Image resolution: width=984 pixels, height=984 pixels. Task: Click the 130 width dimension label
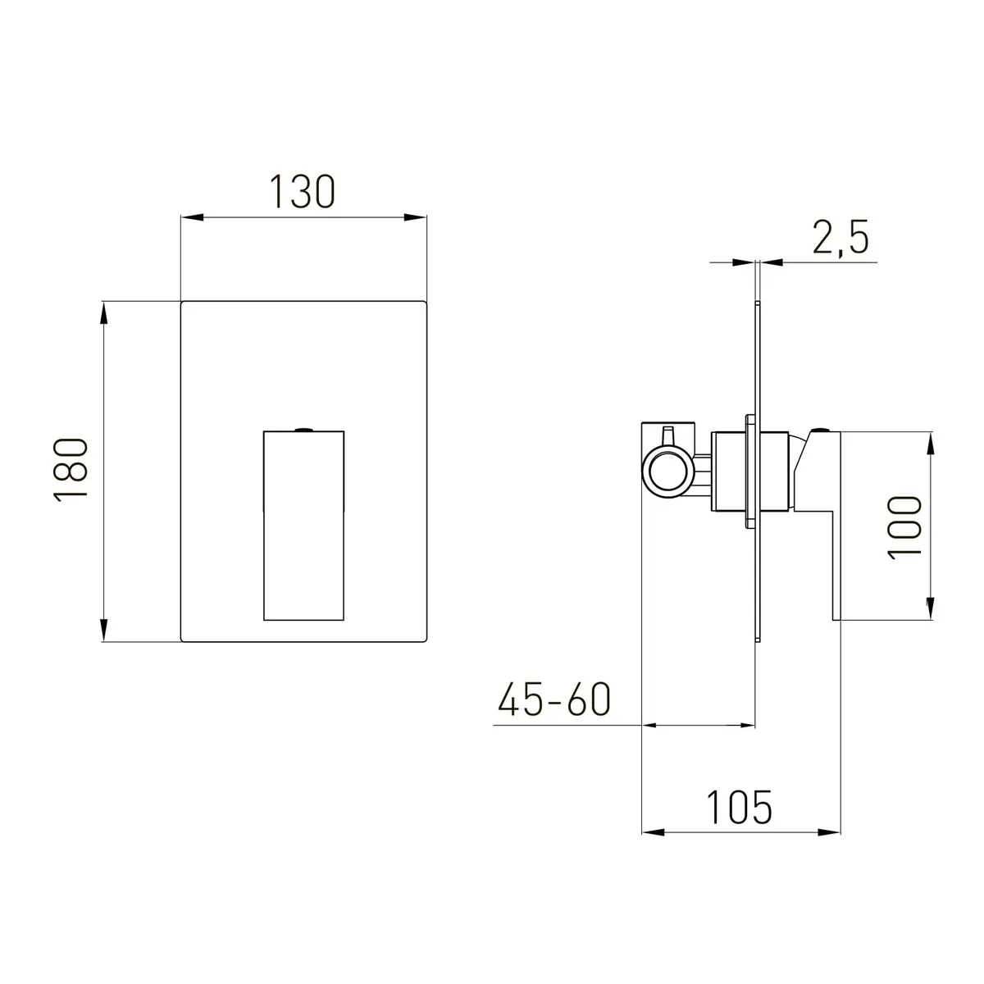coord(303,192)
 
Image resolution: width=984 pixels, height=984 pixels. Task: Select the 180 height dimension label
coord(71,471)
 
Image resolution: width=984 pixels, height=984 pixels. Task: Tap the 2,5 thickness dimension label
coord(840,237)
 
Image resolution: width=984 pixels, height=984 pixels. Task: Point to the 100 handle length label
coord(905,527)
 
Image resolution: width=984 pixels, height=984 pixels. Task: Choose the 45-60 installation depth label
coord(554,699)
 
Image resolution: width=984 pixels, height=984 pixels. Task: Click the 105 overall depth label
coord(739,808)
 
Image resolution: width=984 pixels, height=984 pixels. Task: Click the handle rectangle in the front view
coord(304,526)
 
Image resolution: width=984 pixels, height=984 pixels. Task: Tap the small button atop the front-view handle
coord(304,430)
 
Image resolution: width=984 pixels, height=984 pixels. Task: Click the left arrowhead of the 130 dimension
coord(193,217)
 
